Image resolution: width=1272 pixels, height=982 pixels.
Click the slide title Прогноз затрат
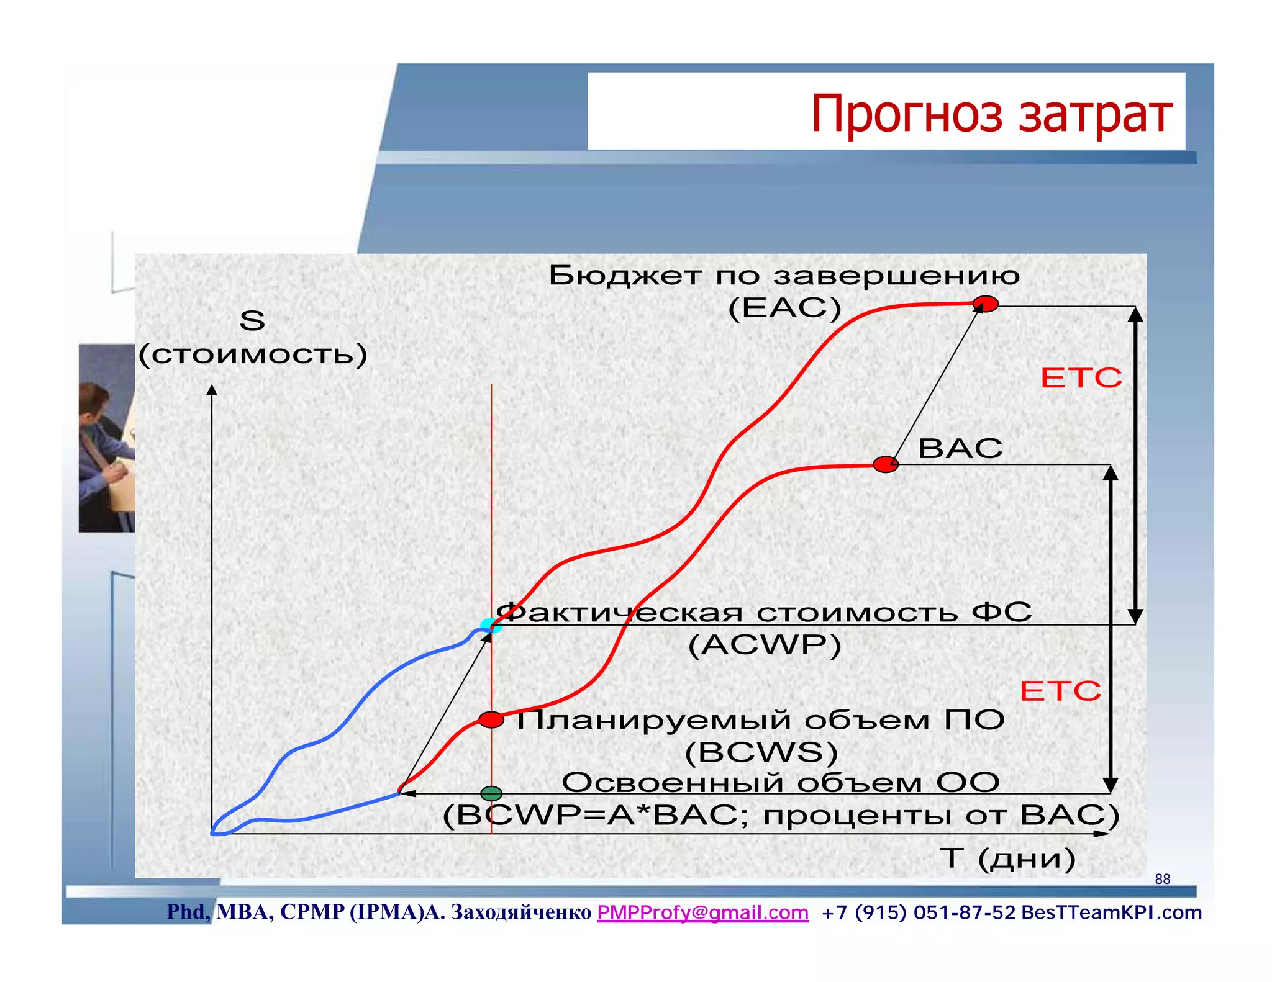point(991,114)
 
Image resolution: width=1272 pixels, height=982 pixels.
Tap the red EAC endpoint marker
point(985,304)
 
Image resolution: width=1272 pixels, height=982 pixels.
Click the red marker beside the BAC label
point(885,464)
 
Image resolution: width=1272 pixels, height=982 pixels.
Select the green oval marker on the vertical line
point(491,793)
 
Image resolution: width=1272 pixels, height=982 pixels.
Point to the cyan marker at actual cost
point(489,625)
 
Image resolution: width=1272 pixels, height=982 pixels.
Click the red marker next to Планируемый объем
point(491,720)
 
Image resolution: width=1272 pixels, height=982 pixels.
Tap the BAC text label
point(960,448)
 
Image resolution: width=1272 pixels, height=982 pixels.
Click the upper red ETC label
point(1081,377)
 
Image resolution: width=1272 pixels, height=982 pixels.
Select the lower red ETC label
point(1060,691)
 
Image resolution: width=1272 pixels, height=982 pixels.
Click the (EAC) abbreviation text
point(784,308)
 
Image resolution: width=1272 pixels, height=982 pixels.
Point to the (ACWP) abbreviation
point(765,645)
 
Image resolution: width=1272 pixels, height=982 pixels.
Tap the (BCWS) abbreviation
point(761,752)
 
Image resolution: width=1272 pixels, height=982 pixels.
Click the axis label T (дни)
point(1007,858)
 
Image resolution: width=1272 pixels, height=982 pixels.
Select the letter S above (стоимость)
point(252,321)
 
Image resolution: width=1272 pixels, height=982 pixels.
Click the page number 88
point(1162,879)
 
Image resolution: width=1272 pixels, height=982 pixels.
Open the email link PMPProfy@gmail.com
point(702,912)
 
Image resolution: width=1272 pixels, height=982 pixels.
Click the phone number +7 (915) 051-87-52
point(918,912)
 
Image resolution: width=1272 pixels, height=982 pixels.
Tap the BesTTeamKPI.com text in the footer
point(1111,912)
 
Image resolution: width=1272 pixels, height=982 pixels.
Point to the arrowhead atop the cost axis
point(212,389)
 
